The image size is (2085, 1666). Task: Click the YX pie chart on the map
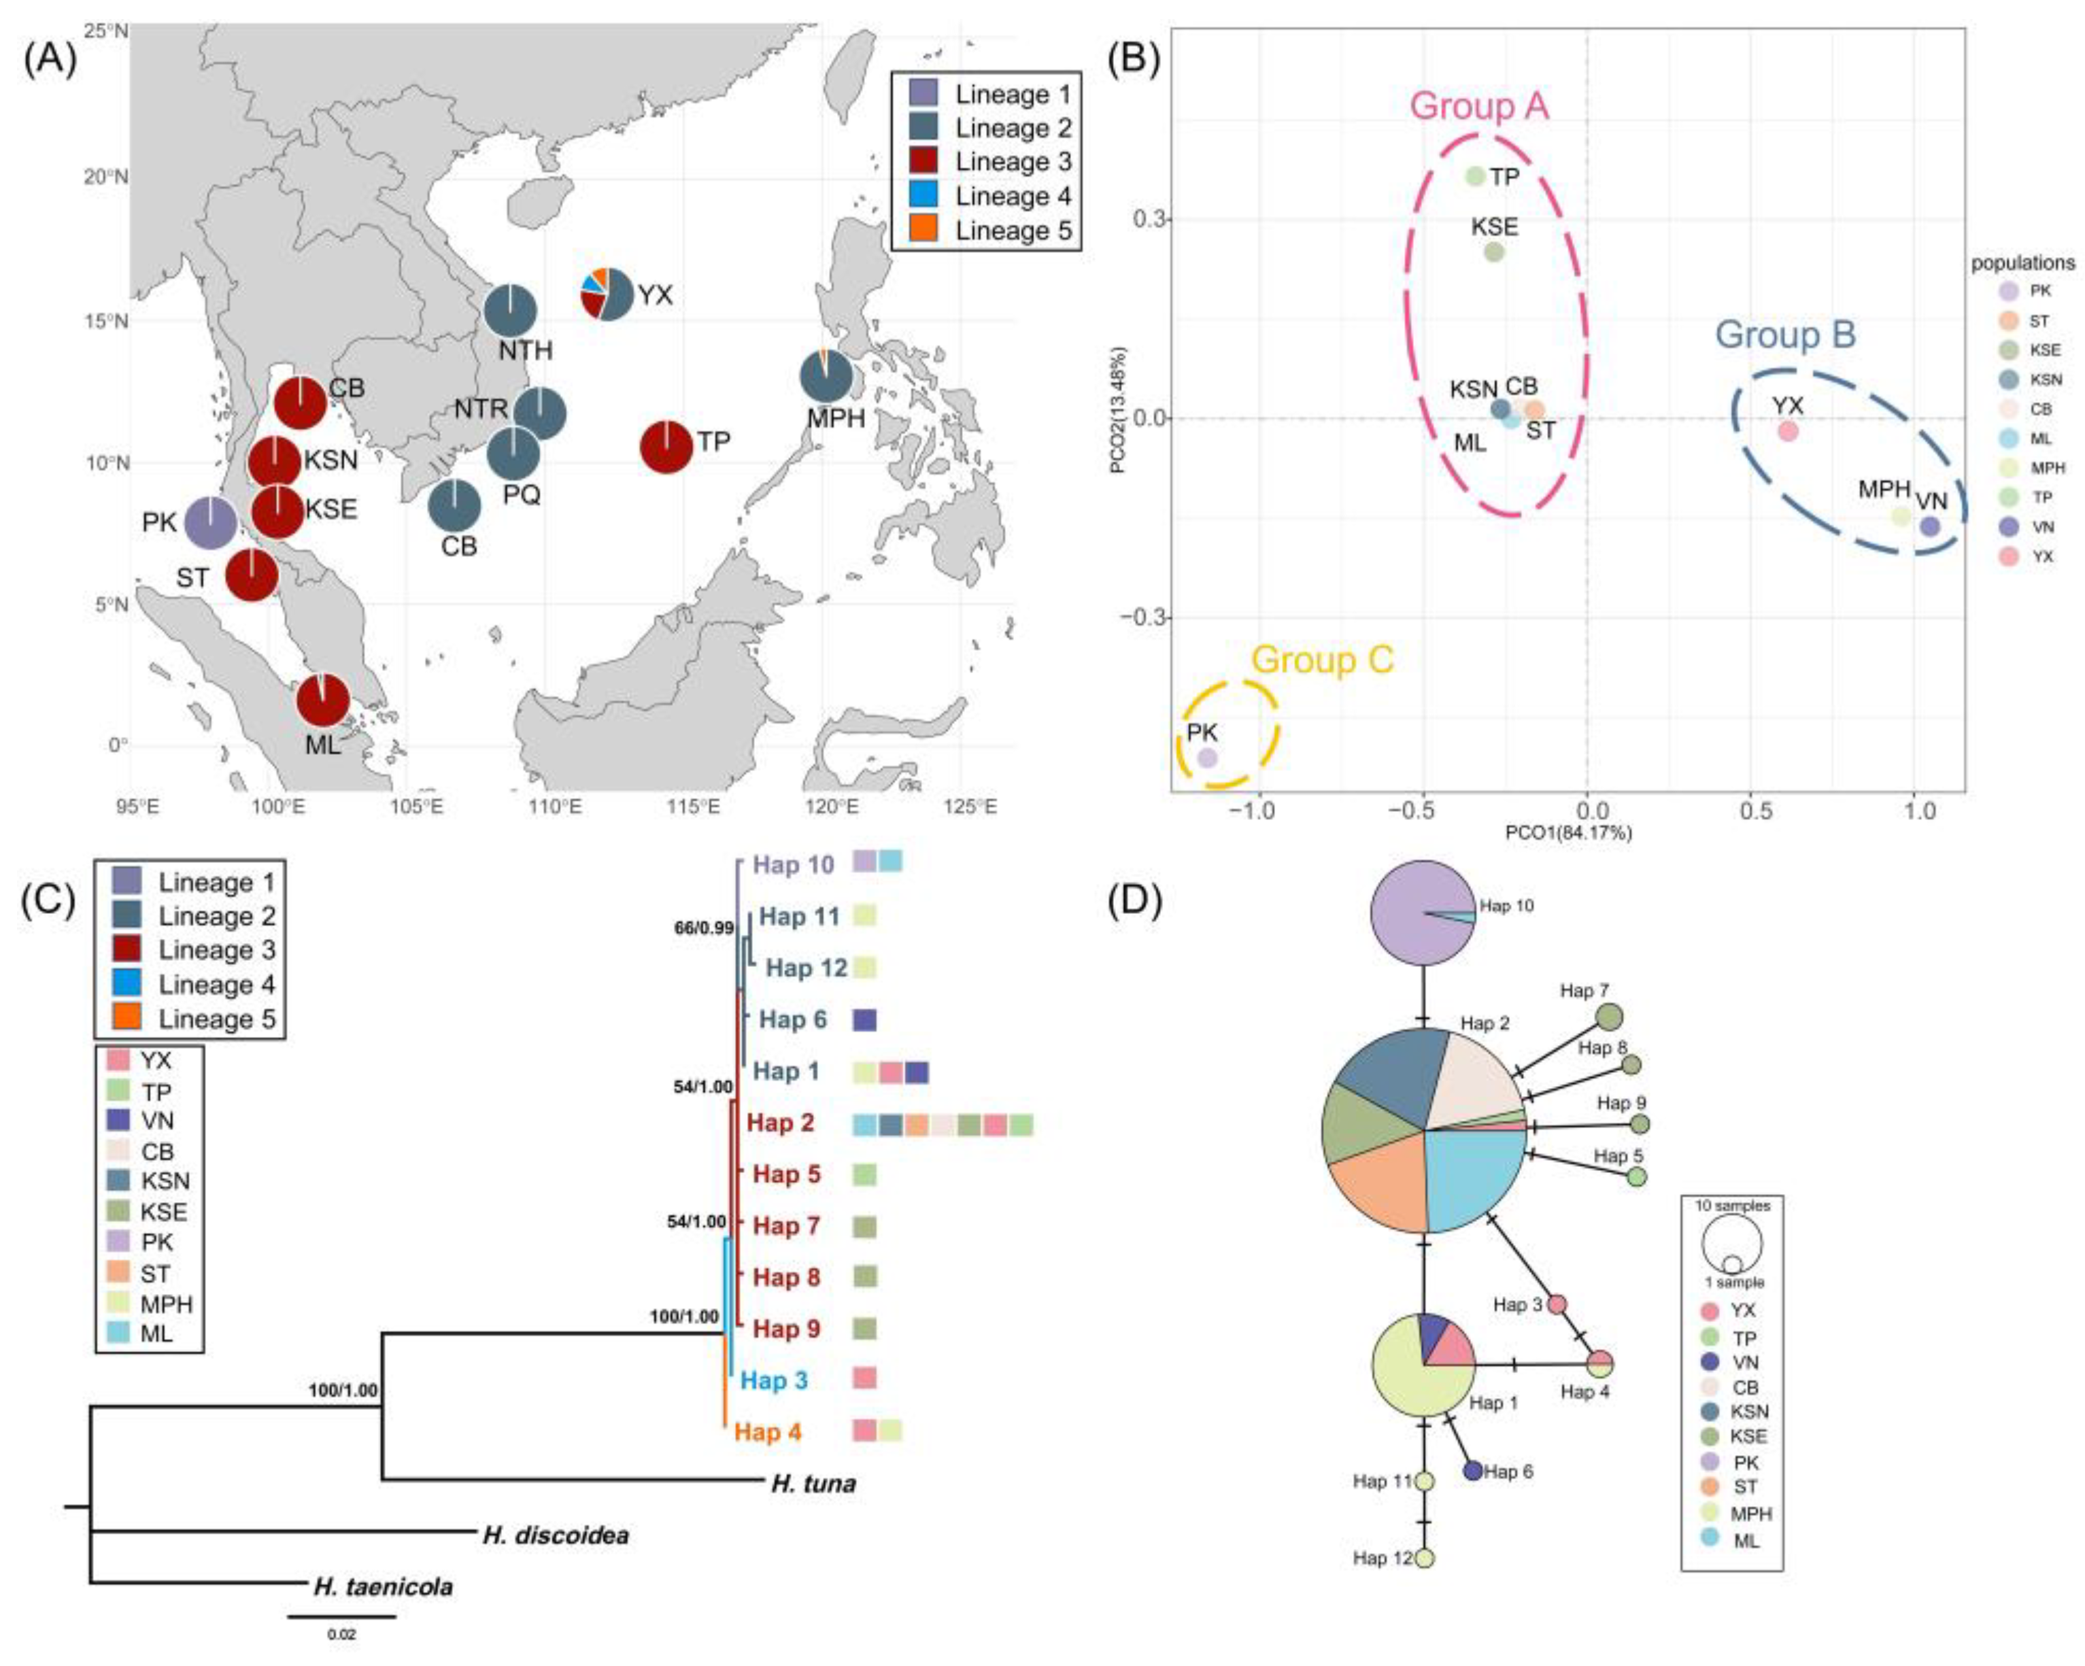click(x=607, y=293)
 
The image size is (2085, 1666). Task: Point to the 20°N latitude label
click(x=106, y=178)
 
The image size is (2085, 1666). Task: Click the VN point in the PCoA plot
click(x=1929, y=526)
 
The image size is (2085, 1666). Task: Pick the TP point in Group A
click(x=1475, y=176)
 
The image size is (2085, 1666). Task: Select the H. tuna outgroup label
click(x=813, y=1483)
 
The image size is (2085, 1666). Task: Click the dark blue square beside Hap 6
click(x=864, y=1019)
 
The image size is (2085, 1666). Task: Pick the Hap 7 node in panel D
click(x=1608, y=1017)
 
